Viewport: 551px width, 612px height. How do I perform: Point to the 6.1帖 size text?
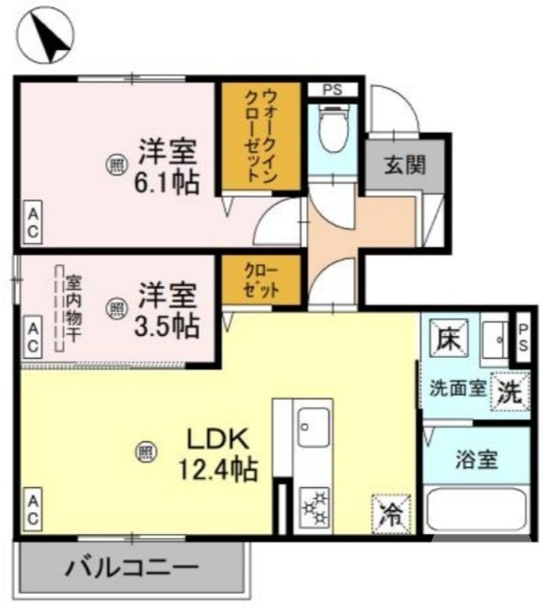(167, 184)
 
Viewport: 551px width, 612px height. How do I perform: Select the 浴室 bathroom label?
(477, 460)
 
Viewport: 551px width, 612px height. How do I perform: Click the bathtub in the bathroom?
(477, 509)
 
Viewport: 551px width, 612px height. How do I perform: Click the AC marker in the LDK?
(33, 508)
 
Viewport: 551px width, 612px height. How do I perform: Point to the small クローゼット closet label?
(262, 281)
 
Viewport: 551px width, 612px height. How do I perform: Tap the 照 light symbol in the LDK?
(145, 452)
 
